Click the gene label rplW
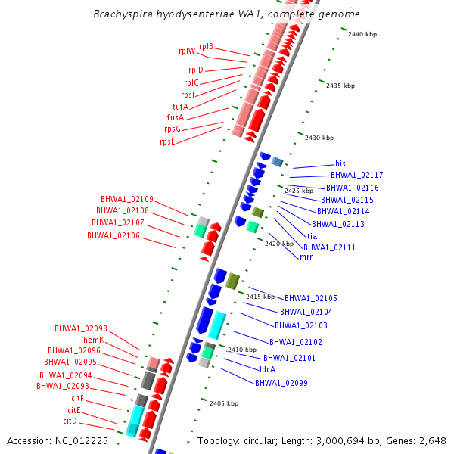187,51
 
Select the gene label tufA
180,107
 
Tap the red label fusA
175,118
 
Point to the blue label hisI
341,163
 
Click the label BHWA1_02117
356,176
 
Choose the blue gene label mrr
306,257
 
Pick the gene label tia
312,236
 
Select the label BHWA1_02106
113,236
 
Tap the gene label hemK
93,340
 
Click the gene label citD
70,421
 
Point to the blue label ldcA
267,369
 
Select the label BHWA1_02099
281,383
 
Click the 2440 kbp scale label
362,34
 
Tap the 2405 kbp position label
224,404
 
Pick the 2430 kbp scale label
319,138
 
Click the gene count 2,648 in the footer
434,440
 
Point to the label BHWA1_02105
311,299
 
